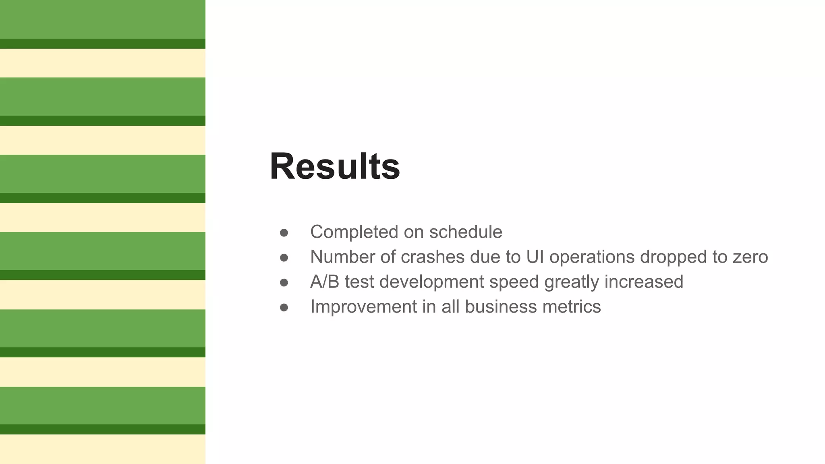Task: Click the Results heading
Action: tap(335, 166)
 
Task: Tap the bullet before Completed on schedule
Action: tap(284, 233)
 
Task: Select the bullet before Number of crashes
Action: tap(284, 258)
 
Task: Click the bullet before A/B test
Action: tap(284, 283)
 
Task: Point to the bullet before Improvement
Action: tap(284, 308)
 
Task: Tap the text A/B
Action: tap(325, 282)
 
